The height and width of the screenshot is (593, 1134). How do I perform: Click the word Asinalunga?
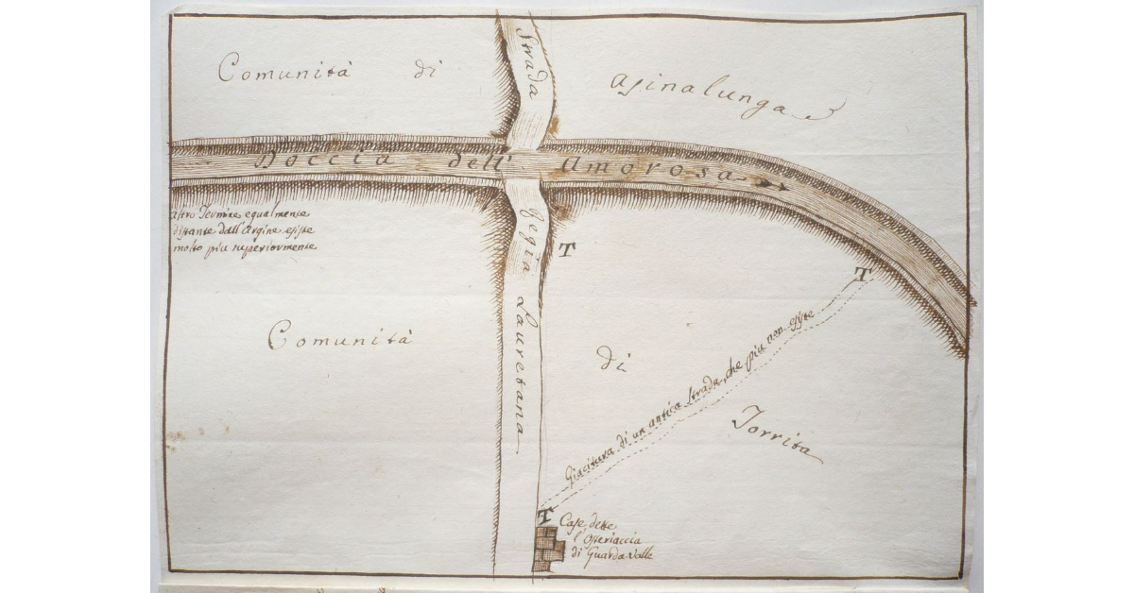point(718,101)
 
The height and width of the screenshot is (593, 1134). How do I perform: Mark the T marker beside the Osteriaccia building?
point(544,517)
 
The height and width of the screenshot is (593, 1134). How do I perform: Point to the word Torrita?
point(776,437)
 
